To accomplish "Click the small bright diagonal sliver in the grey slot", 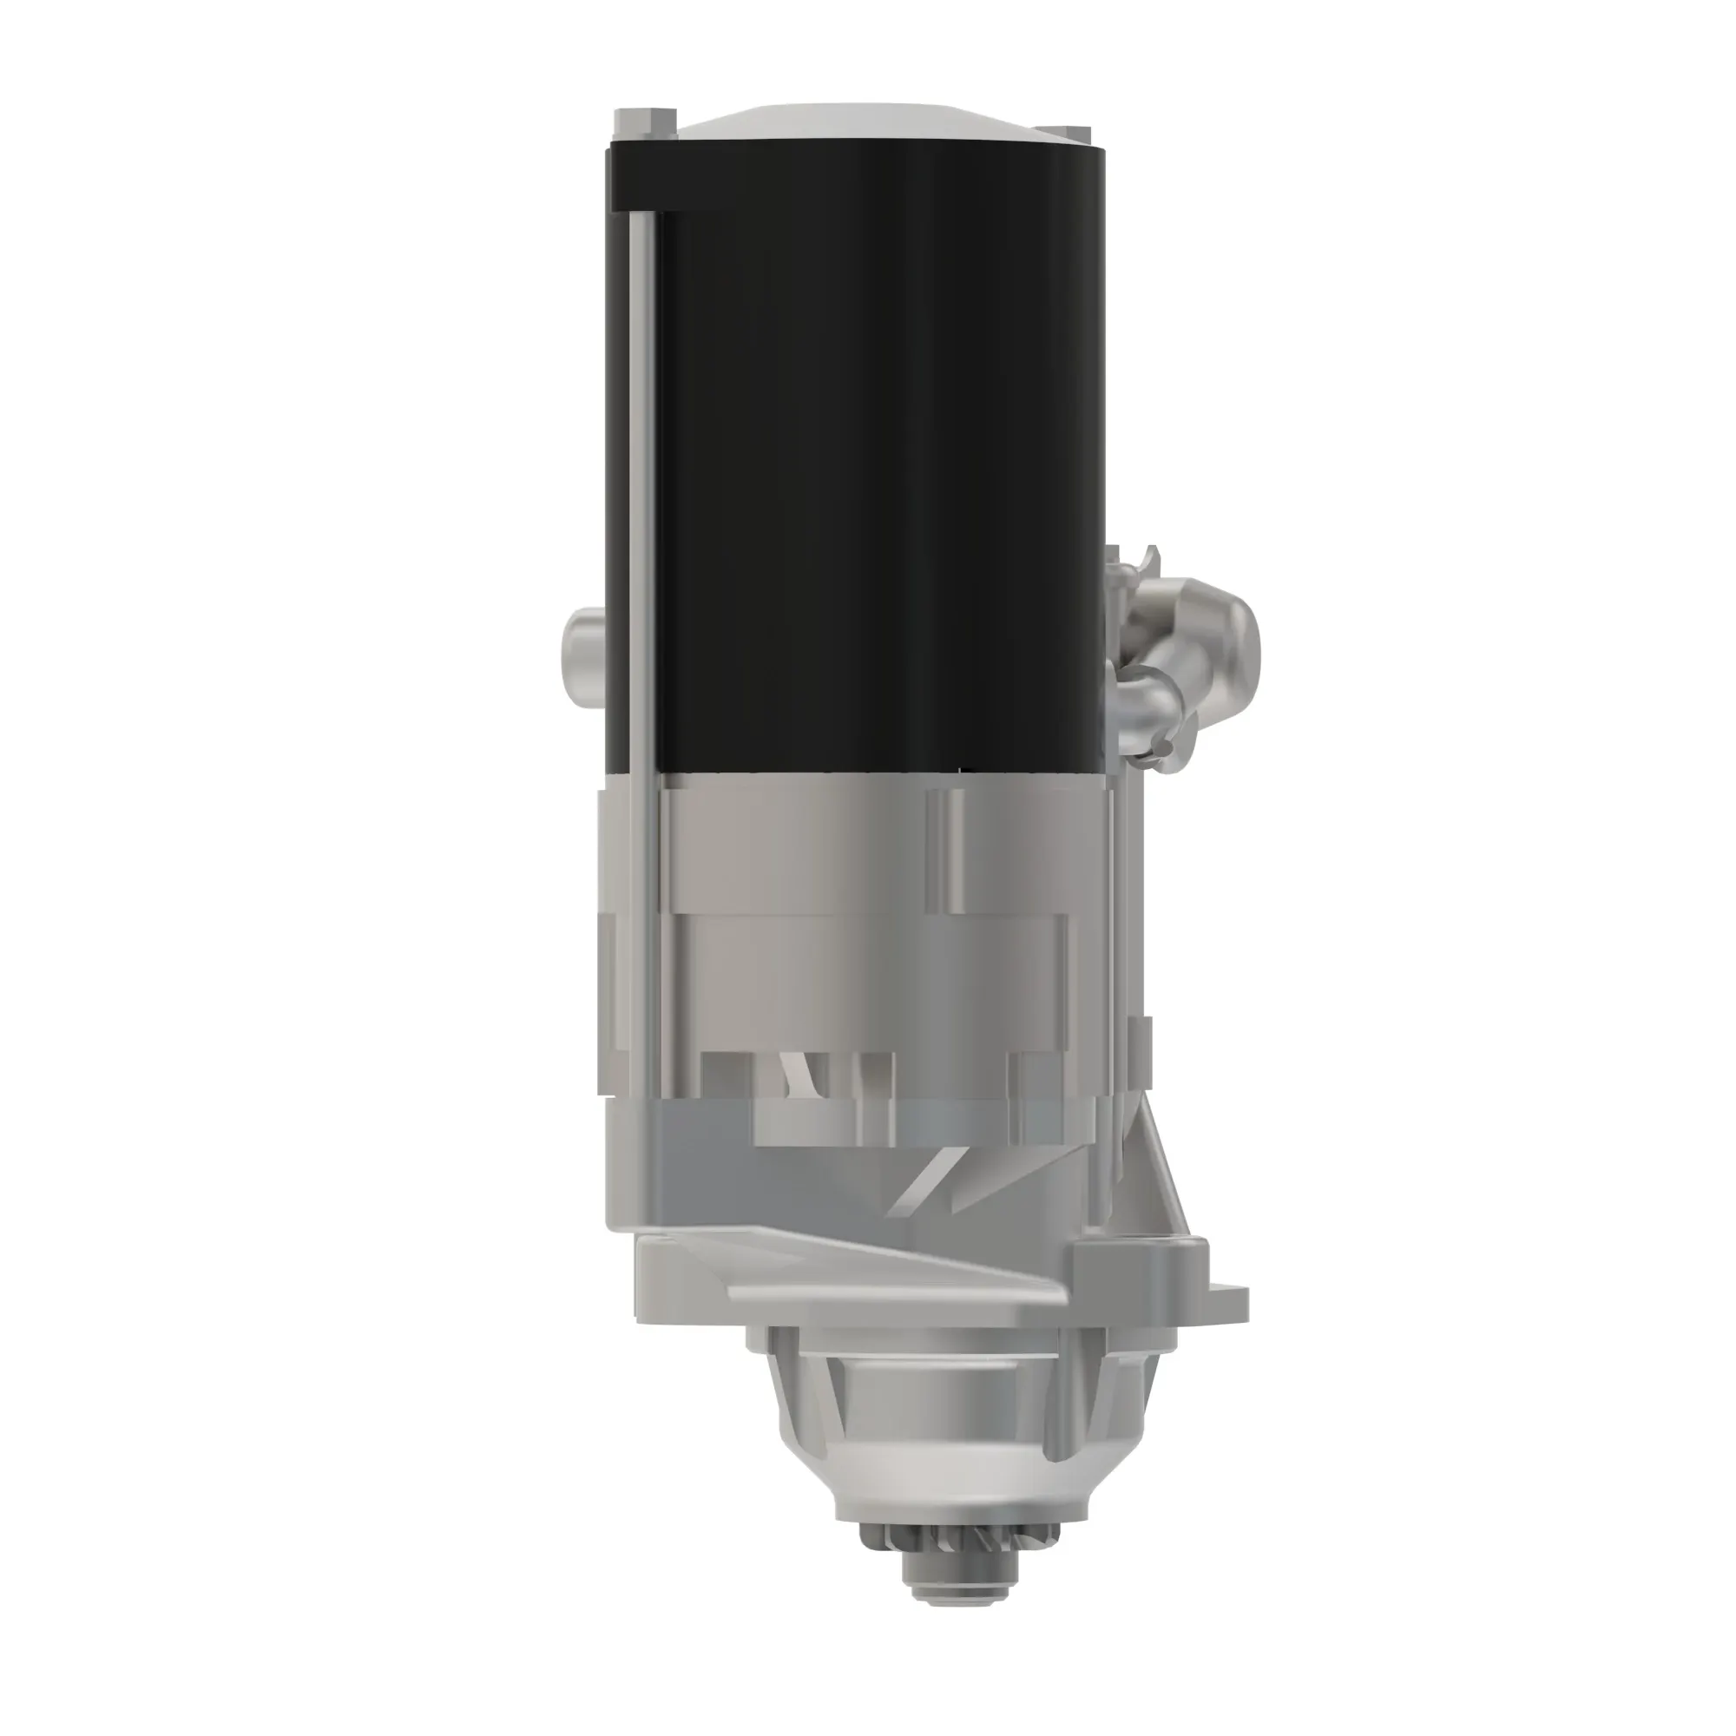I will click(x=794, y=1074).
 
